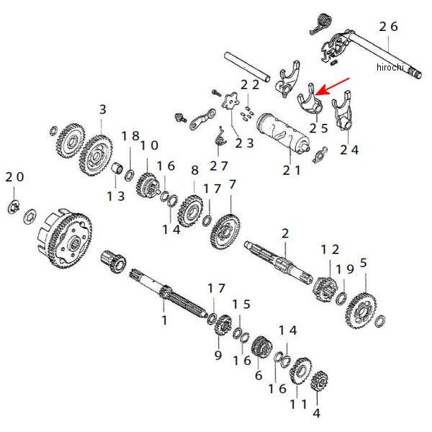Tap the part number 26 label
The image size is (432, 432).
tap(388, 26)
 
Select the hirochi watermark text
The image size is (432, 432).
tap(392, 67)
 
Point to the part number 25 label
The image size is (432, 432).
tap(319, 128)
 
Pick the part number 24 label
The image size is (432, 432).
tap(349, 150)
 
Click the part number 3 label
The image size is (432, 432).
tap(102, 109)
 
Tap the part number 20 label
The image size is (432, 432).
tap(14, 177)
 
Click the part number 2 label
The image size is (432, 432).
tap(285, 233)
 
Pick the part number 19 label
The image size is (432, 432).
tap(345, 269)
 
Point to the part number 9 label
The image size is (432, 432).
tap(217, 354)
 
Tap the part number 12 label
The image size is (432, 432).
tap(329, 248)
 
